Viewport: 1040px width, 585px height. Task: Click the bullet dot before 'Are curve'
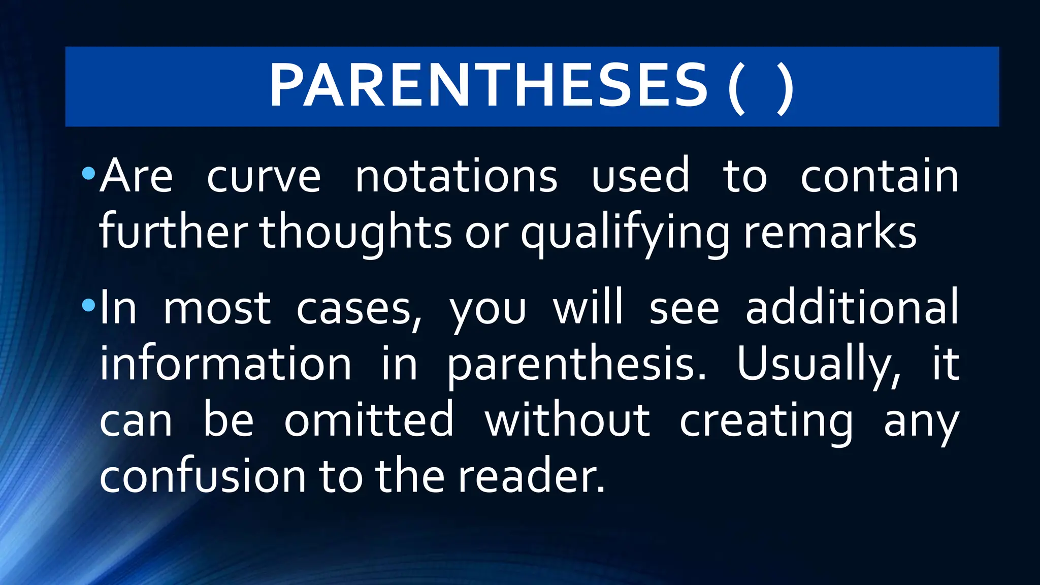[x=88, y=174]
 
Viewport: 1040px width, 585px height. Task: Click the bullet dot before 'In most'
[x=88, y=305]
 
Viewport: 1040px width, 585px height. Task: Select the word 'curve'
[x=264, y=176]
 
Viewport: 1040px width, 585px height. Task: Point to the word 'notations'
[x=456, y=176]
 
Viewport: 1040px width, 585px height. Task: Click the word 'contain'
[x=879, y=176]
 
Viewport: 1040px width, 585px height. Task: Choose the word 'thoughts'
[x=355, y=232]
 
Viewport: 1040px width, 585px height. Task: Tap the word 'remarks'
[x=830, y=232]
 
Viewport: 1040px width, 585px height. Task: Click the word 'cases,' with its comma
[x=359, y=309]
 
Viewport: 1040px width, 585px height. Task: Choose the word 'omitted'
[x=368, y=420]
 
